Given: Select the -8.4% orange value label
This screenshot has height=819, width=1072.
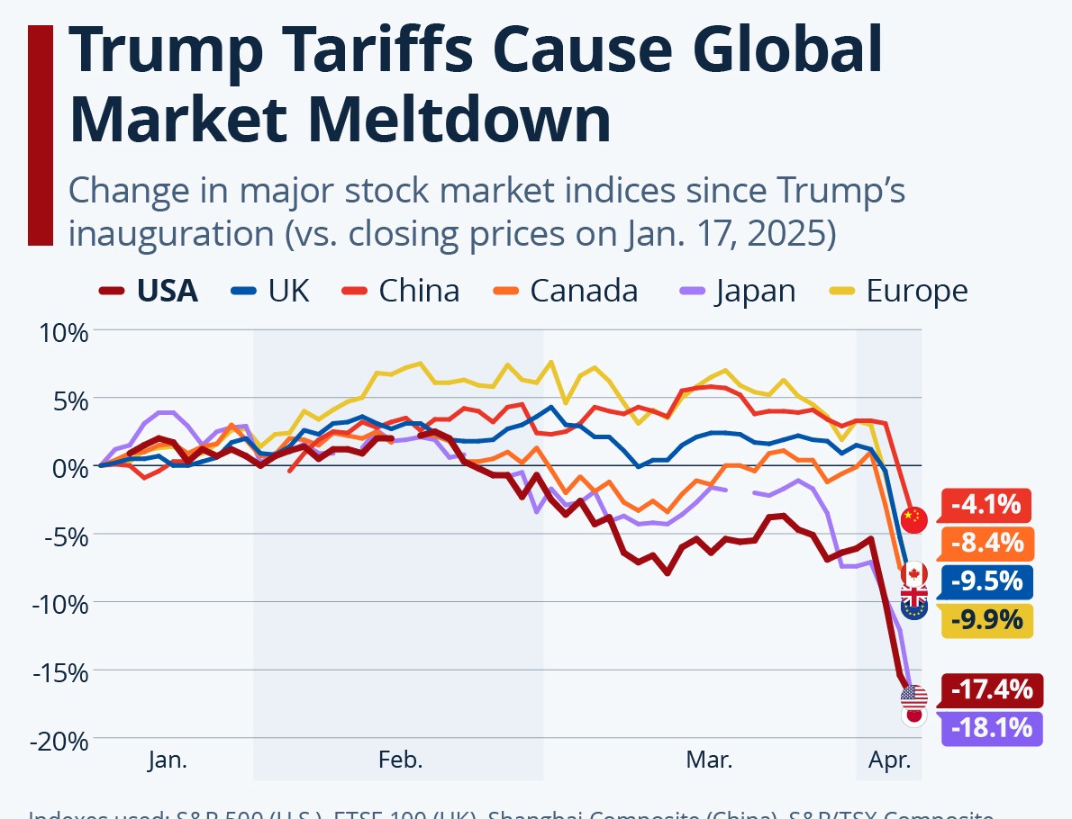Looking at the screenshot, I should point(987,544).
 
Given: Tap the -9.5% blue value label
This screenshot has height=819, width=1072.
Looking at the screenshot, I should point(987,581).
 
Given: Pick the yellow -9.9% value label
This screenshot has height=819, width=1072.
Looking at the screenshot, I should point(987,620).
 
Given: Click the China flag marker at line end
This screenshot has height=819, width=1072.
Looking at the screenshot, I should point(913,518).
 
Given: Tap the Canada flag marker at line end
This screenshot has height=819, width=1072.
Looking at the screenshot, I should point(914,573).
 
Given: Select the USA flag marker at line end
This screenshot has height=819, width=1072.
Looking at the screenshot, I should point(913,697).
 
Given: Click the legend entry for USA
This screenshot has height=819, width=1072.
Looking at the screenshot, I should point(150,292).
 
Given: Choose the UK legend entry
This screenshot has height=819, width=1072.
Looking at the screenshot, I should point(271,292).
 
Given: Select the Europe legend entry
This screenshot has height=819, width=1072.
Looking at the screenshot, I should point(899,292).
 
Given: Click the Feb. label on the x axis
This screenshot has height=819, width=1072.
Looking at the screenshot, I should point(400,760).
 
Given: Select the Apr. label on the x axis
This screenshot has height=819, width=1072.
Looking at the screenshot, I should point(890,760).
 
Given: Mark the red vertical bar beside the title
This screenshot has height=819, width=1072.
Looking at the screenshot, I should point(41,135).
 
